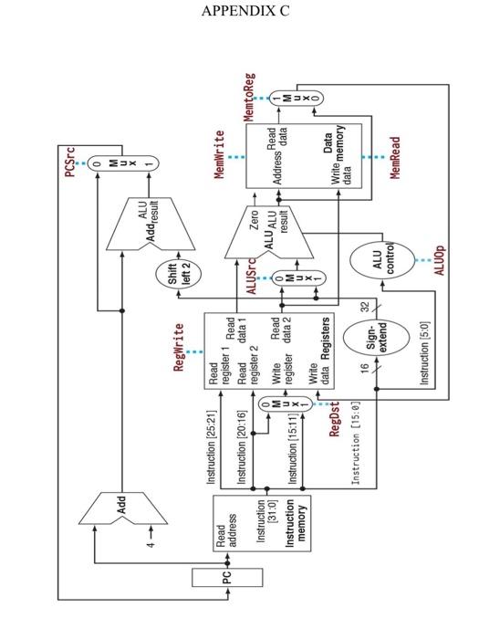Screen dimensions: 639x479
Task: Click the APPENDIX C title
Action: point(239,11)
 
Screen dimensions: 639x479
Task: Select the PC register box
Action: point(227,577)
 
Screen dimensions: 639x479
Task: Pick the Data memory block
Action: point(305,157)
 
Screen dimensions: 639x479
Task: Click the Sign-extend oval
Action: point(378,337)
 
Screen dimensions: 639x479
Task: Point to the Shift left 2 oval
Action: point(180,274)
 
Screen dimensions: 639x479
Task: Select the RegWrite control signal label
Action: point(179,348)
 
